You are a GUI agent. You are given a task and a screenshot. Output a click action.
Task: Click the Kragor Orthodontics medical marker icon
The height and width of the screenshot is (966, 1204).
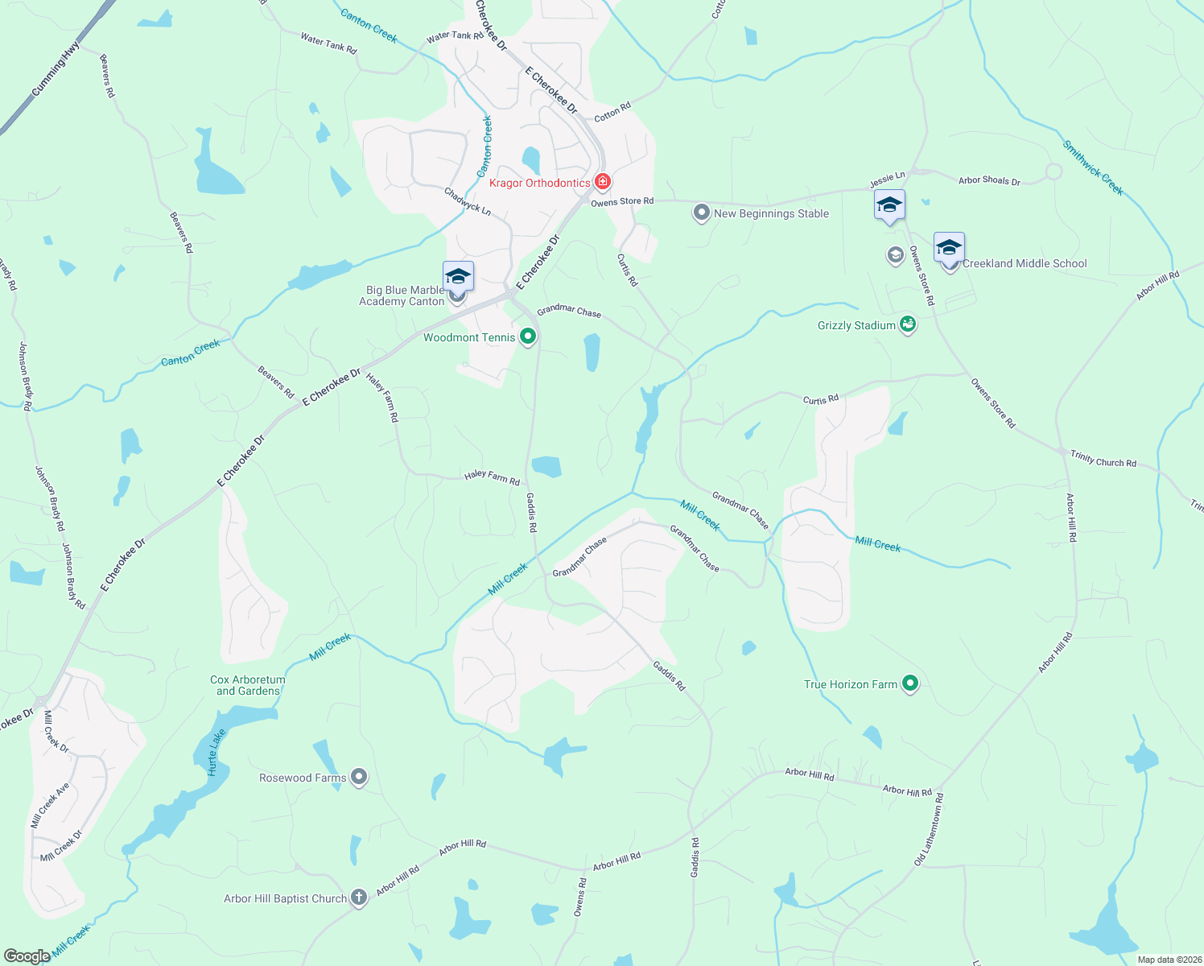tap(602, 182)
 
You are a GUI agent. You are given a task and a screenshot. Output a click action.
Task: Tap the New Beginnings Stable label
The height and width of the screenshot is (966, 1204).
tap(771, 213)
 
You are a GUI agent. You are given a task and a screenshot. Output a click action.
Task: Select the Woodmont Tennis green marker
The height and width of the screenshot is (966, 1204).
tap(528, 336)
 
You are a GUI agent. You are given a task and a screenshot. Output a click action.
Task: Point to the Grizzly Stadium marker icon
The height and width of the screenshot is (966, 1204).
tap(908, 324)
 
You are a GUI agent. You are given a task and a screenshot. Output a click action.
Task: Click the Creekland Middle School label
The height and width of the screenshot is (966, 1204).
tap(1025, 263)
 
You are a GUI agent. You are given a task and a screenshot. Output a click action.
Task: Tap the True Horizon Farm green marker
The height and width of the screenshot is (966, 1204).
tap(910, 684)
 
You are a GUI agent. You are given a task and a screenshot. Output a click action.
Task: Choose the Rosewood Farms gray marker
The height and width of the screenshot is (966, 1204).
tap(360, 778)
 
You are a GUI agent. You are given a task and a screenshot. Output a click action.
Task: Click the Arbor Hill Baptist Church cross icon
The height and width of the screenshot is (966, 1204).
tap(359, 898)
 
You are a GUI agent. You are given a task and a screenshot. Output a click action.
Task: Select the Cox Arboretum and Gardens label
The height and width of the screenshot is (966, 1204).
tap(248, 685)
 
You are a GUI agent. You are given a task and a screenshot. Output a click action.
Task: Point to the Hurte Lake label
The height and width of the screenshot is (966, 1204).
tap(215, 752)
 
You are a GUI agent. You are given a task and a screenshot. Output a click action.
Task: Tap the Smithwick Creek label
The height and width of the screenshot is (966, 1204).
tap(1093, 167)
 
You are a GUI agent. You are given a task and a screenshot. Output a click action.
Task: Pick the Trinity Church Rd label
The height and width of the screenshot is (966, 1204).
tap(1103, 459)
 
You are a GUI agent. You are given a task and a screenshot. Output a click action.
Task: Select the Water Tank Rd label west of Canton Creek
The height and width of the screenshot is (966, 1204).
tap(328, 43)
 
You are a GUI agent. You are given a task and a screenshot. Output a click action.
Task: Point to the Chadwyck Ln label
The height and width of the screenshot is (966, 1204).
tap(468, 200)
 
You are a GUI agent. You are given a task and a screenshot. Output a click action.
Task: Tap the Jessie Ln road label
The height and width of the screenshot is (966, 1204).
tap(887, 180)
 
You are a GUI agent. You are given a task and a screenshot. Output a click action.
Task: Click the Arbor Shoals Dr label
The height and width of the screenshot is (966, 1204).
tap(989, 180)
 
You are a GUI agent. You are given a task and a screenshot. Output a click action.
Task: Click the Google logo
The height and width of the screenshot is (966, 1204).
tap(27, 956)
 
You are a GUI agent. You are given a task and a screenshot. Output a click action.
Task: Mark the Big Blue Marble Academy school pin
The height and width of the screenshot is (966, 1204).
tap(458, 276)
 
